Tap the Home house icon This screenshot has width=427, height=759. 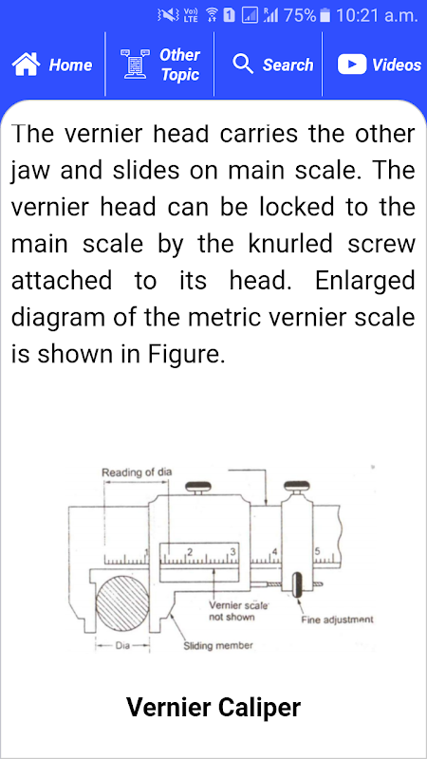(x=27, y=65)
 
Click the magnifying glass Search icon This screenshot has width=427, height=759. (x=243, y=64)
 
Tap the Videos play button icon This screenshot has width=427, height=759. (x=352, y=65)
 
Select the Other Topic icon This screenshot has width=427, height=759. (x=135, y=65)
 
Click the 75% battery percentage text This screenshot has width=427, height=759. (x=300, y=15)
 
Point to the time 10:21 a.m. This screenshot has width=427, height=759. (x=376, y=15)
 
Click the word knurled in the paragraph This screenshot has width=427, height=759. (x=290, y=244)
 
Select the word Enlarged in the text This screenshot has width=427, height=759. (x=365, y=281)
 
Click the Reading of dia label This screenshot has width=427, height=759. (x=137, y=472)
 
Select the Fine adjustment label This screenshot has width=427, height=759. (x=338, y=620)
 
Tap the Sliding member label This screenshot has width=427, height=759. (x=218, y=646)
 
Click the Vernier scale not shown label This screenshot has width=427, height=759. (x=232, y=611)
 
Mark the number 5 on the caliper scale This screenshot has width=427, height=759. (x=318, y=551)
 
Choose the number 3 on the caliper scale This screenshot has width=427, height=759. (x=232, y=551)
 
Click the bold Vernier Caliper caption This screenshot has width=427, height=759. (x=213, y=707)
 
